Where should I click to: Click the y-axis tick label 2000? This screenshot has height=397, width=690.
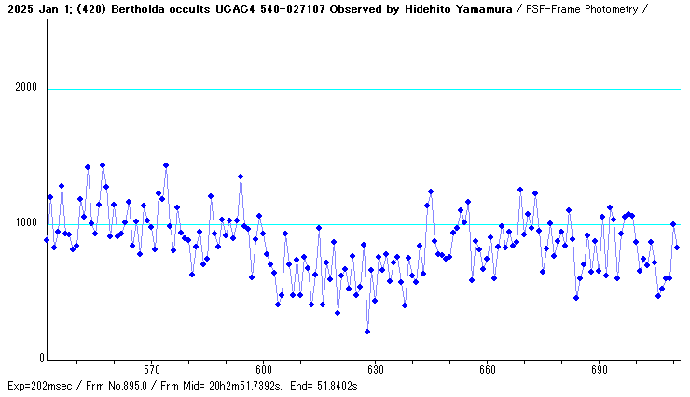25,89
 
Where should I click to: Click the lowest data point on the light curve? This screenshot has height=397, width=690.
367,332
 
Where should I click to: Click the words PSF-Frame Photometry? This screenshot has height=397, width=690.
584,8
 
